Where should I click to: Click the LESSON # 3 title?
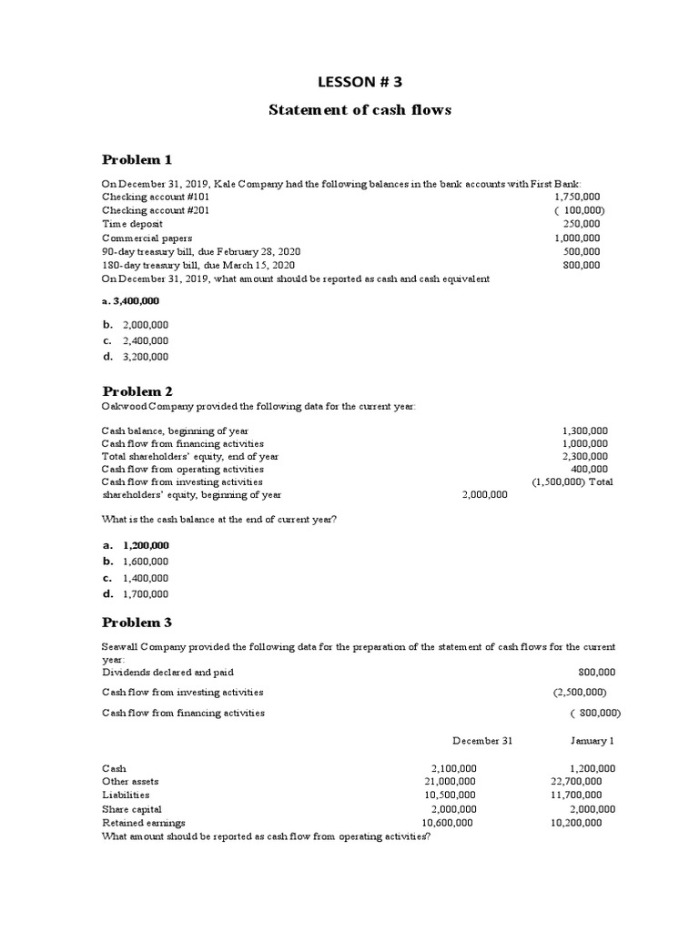pyautogui.click(x=360, y=82)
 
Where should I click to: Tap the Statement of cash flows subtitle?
pyautogui.click(x=360, y=110)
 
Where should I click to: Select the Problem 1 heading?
pyautogui.click(x=137, y=159)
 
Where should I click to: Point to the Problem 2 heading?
pyautogui.click(x=137, y=390)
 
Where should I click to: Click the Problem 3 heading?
pyautogui.click(x=137, y=623)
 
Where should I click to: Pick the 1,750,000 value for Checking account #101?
pyautogui.click(x=577, y=197)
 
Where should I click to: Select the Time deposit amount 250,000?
pyautogui.click(x=582, y=223)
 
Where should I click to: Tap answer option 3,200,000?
pyautogui.click(x=146, y=357)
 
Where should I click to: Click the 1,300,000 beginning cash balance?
pyautogui.click(x=585, y=431)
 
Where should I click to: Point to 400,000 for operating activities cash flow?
pyautogui.click(x=590, y=469)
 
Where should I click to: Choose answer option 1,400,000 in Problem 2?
pyautogui.click(x=146, y=578)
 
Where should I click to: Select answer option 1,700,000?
pyautogui.click(x=146, y=594)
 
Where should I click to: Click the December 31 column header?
pyautogui.click(x=482, y=741)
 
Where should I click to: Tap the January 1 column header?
pyautogui.click(x=593, y=741)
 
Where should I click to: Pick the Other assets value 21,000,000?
pyautogui.click(x=450, y=781)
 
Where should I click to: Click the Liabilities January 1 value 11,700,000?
pyautogui.click(x=576, y=795)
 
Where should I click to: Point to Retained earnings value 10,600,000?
pyautogui.click(x=447, y=822)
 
